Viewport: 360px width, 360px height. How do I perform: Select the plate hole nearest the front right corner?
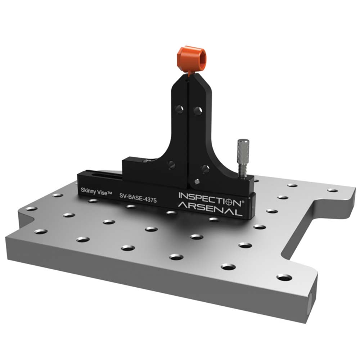[284, 277]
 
